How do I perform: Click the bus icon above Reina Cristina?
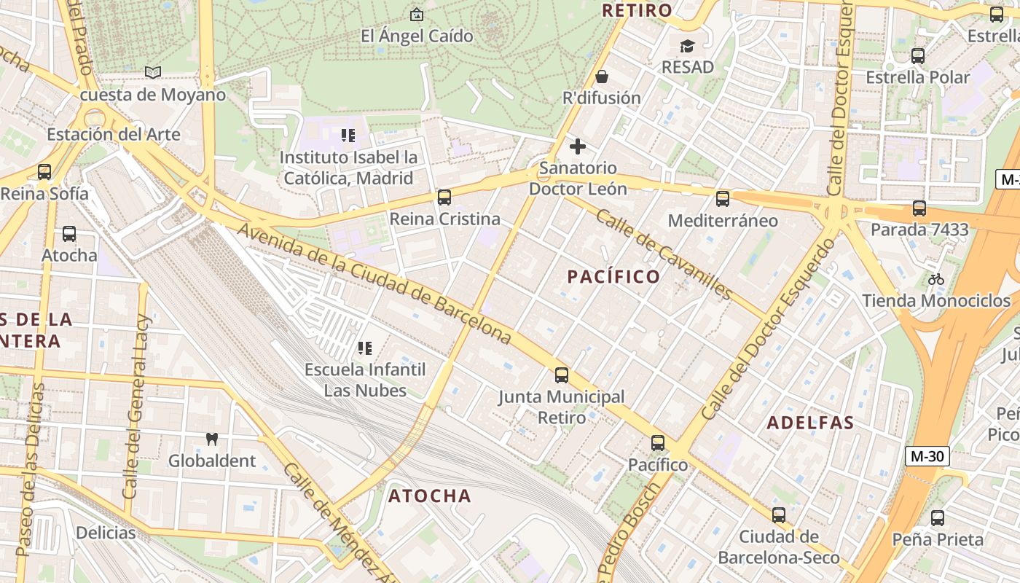point(444,197)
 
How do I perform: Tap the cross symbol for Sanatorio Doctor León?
point(578,146)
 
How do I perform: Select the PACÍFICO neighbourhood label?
point(613,277)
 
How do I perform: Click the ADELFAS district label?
point(810,423)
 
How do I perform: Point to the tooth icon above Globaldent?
point(212,439)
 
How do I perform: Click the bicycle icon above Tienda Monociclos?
point(936,279)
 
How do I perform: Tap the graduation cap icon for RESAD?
point(687,47)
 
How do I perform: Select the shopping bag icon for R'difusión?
point(602,77)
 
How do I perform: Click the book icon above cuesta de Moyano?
point(152,72)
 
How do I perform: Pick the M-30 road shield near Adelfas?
point(927,457)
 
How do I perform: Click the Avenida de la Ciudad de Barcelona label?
point(374,284)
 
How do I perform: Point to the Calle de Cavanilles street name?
point(663,254)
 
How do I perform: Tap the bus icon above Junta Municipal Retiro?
point(561,375)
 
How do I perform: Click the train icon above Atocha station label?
point(69,234)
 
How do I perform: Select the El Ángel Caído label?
point(417,36)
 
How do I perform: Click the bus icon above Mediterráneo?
point(722,198)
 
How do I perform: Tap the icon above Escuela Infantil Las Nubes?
point(365,348)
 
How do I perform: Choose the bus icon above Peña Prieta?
point(937,518)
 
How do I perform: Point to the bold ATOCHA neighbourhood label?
point(430,496)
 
